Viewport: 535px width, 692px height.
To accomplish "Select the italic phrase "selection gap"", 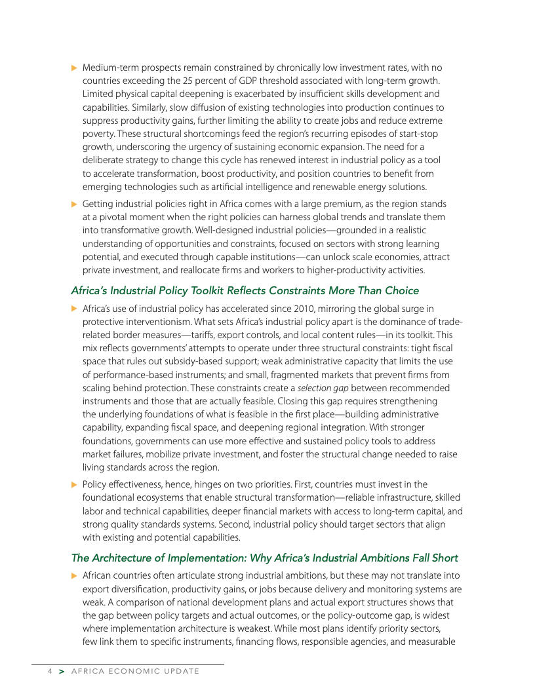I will pos(323,388).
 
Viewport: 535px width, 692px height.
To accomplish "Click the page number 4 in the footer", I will pos(49,671).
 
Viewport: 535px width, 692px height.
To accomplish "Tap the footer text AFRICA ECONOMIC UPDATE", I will pos(134,671).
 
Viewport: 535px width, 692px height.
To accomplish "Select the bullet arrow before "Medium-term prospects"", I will pos(74,68).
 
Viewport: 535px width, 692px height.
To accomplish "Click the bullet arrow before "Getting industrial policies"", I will pos(74,204).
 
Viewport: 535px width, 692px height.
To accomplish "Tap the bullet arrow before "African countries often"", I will pos(74,575).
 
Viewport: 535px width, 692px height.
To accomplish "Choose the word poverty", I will pos(98,134).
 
